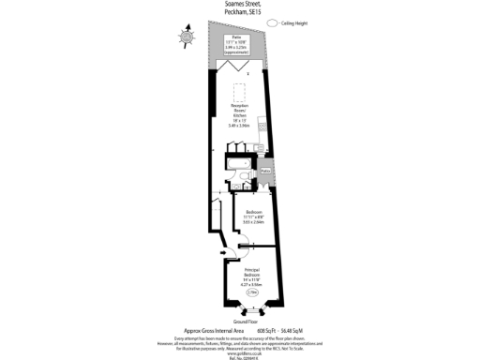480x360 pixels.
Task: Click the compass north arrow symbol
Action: pyautogui.click(x=187, y=36)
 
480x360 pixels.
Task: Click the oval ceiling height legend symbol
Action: pyautogui.click(x=275, y=22)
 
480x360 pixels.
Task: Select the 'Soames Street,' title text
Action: pyautogui.click(x=240, y=5)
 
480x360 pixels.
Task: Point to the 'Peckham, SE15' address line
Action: pyautogui.click(x=240, y=12)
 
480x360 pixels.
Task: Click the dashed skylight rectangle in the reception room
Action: pyautogui.click(x=239, y=94)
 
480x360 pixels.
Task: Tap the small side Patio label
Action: pyautogui.click(x=265, y=172)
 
